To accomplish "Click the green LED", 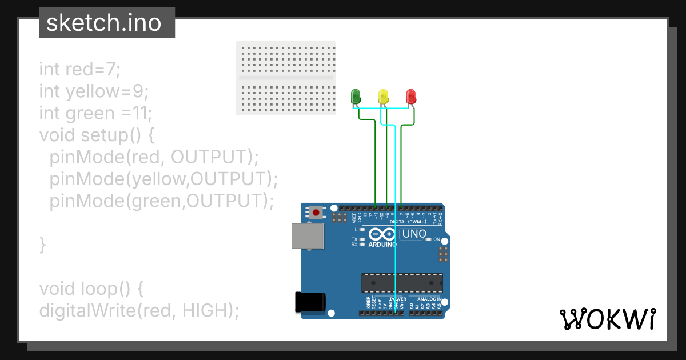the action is pos(356,96).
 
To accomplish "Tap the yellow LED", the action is pos(383,96).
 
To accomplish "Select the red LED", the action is pos(411,96).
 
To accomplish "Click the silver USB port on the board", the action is pos(308,235).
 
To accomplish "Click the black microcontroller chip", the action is pos(402,282).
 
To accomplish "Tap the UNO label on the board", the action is pos(414,234).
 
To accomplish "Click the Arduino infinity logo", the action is pos(382,234).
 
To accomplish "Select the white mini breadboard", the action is pos(286,78).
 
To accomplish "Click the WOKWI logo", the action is pos(608,319).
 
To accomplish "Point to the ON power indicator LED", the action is pos(429,239).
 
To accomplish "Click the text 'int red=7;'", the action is pos(80,69).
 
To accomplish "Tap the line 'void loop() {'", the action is pos(91,288).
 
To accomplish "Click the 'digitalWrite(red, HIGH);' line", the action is pos(139,310).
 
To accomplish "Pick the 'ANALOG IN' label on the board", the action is pos(429,299).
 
